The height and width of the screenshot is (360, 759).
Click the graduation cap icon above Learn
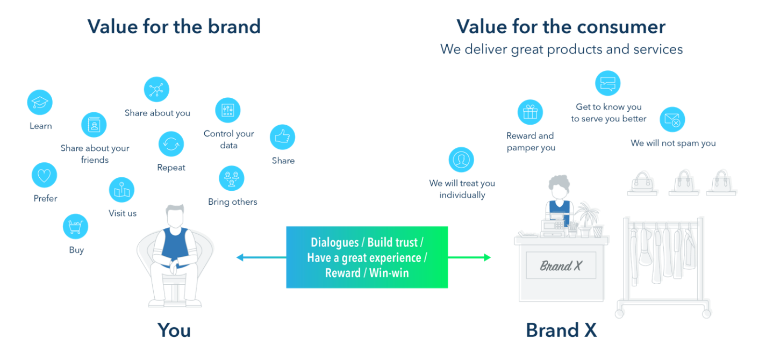pyautogui.click(x=40, y=102)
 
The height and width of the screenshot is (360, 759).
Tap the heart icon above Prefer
pyautogui.click(x=45, y=175)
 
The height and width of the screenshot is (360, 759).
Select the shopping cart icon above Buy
pyautogui.click(x=76, y=226)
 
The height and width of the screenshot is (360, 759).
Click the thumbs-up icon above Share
pyautogui.click(x=282, y=138)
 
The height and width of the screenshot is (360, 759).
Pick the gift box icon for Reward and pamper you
pyautogui.click(x=530, y=112)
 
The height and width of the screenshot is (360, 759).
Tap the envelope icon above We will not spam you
pyautogui.click(x=672, y=119)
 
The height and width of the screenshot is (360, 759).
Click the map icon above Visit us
pyautogui.click(x=121, y=190)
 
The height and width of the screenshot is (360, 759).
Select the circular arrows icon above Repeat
pyautogui.click(x=171, y=144)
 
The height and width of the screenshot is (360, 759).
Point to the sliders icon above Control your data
pyautogui.click(x=227, y=111)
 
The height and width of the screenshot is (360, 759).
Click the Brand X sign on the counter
pyautogui.click(x=561, y=265)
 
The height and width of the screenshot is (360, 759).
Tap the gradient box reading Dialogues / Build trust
pyautogui.click(x=367, y=257)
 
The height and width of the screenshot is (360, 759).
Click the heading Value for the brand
pyautogui.click(x=174, y=26)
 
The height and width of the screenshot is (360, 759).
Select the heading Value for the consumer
pyautogui.click(x=561, y=26)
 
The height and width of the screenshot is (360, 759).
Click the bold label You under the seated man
pyautogui.click(x=174, y=329)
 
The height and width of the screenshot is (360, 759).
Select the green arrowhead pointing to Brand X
pyautogui.click(x=486, y=257)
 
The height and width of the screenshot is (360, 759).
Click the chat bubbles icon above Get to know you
pyautogui.click(x=607, y=83)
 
